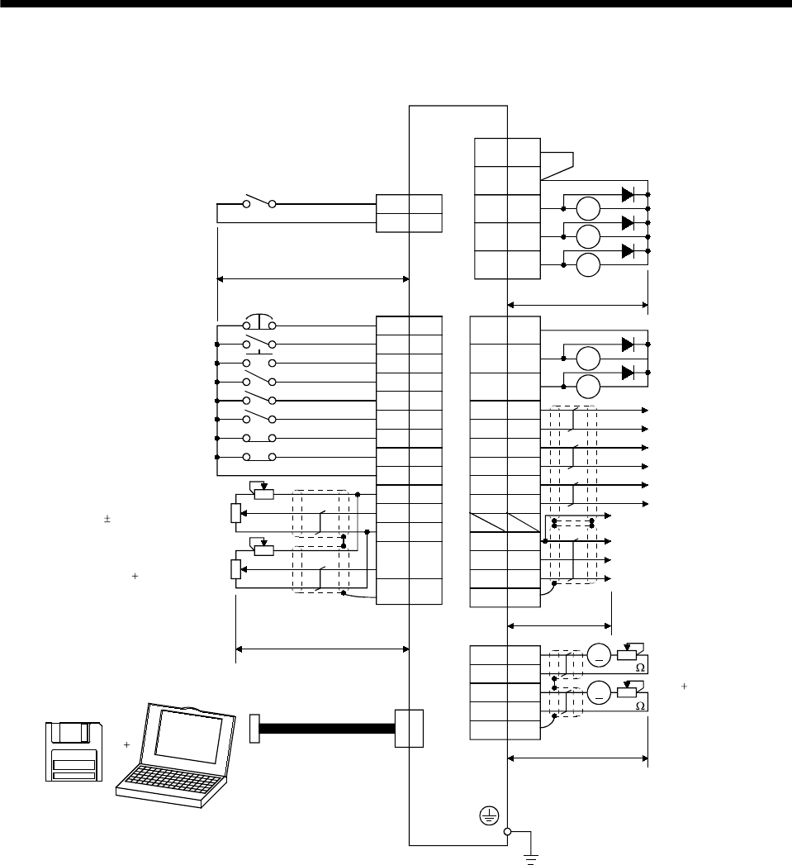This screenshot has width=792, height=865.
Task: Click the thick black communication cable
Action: click(x=327, y=728)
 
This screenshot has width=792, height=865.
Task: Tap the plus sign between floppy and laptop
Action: click(x=126, y=744)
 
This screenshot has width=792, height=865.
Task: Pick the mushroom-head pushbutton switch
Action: click(x=259, y=322)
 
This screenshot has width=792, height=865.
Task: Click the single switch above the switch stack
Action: click(x=259, y=203)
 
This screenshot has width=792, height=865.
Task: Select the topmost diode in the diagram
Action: click(x=628, y=195)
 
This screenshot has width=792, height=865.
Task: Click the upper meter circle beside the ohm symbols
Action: click(x=599, y=657)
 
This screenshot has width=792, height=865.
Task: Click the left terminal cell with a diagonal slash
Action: click(x=488, y=522)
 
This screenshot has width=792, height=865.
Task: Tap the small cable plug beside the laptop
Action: click(x=254, y=728)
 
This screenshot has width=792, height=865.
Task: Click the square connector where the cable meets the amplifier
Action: click(x=409, y=728)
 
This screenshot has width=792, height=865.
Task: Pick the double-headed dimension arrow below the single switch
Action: click(x=313, y=279)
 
